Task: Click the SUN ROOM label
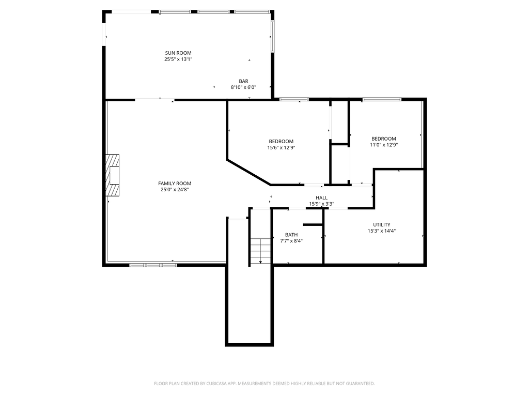[178, 53]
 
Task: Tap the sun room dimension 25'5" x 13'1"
[178, 59]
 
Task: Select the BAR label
[244, 81]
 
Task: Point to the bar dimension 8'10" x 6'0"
[244, 87]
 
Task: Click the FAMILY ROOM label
[175, 184]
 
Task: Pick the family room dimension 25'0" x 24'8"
[175, 189]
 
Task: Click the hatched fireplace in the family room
[112, 175]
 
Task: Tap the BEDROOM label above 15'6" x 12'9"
[281, 141]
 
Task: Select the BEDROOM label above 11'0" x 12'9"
[384, 139]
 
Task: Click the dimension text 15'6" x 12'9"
[281, 147]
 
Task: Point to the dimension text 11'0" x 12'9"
[384, 145]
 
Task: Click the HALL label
[321, 198]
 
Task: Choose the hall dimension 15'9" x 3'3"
[321, 204]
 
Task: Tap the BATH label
[291, 235]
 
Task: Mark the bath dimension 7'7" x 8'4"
[291, 241]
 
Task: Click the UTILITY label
[382, 224]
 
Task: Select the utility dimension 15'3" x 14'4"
[382, 231]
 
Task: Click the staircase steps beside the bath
[260, 252]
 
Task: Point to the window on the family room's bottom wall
[153, 265]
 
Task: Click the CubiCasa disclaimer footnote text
[264, 384]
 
